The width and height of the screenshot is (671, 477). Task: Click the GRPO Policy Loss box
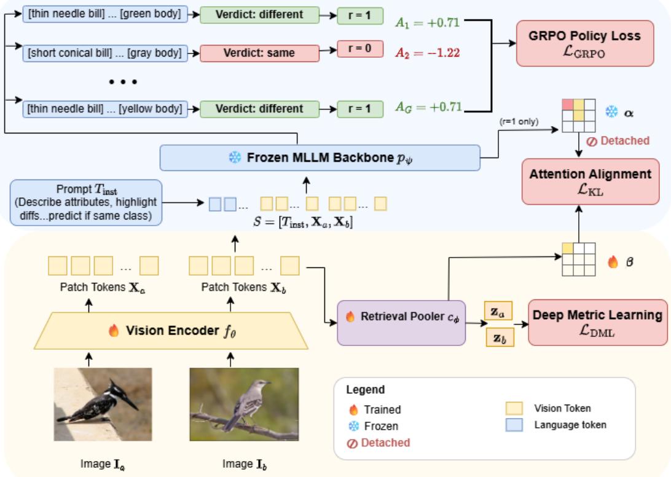tap(584, 43)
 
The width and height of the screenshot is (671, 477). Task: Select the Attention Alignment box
tap(590, 181)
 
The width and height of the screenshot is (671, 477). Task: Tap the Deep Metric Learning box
tap(597, 323)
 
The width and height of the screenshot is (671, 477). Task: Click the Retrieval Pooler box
tap(401, 323)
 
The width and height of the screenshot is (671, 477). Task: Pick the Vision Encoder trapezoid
tap(171, 331)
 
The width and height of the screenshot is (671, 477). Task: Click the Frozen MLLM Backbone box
tap(320, 157)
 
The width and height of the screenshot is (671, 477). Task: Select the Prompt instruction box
tap(85, 202)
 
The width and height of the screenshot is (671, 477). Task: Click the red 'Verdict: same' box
tap(259, 53)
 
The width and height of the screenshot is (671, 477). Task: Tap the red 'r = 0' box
tap(360, 49)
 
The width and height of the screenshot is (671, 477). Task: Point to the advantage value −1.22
tap(428, 53)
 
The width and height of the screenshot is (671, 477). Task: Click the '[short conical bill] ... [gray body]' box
tap(105, 53)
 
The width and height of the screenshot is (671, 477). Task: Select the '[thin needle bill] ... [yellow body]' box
tap(105, 109)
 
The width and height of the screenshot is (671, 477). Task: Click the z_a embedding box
tap(498, 311)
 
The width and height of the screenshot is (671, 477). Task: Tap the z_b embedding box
tap(500, 337)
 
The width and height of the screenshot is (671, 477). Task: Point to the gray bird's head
tap(260, 384)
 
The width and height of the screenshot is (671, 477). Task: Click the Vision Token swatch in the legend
tap(514, 409)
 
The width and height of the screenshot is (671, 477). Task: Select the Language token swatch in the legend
tap(514, 425)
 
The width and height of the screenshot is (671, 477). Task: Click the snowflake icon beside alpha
tap(611, 112)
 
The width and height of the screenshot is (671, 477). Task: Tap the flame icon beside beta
tap(613, 262)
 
